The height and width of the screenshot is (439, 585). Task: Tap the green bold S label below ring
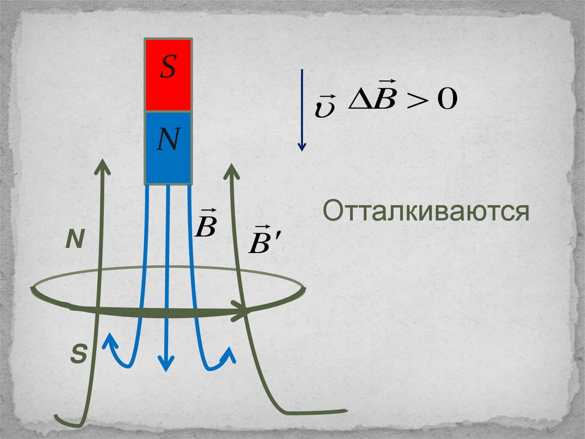(x=78, y=355)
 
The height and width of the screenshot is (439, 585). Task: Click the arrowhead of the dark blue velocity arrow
(x=302, y=147)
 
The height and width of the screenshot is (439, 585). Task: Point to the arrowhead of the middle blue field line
(x=166, y=363)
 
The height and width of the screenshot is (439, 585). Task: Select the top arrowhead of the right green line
(x=231, y=169)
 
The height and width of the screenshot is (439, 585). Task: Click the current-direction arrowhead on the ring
(x=243, y=313)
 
